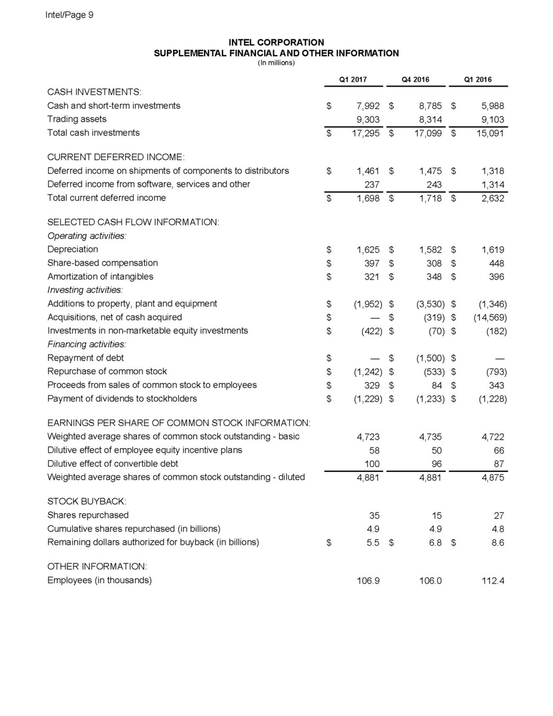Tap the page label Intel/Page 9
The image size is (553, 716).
69,16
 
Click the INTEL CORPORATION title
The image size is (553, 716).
276,42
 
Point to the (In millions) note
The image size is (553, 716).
276,63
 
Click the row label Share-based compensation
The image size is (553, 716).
103,263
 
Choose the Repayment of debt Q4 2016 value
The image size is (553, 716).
427,359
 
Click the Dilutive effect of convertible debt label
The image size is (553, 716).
112,463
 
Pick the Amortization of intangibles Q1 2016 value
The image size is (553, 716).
495,277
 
